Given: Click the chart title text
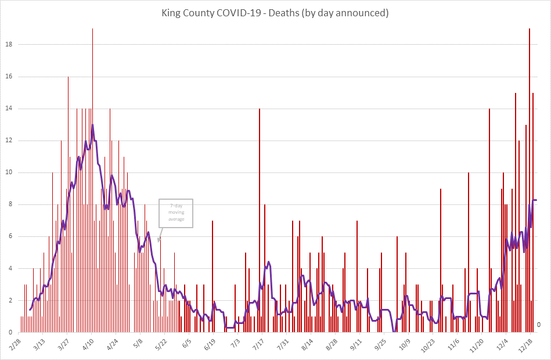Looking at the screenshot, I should coord(275,12).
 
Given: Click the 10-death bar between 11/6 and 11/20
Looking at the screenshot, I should coord(469,253).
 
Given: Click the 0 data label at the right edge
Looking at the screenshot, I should coord(539,325).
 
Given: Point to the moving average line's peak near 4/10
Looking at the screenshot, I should coord(92,125).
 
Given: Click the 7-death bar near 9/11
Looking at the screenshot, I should coord(357,276).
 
